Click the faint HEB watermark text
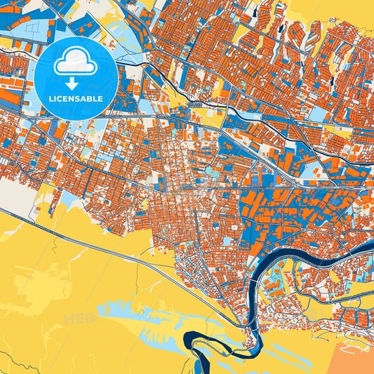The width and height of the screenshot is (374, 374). tap(79, 320)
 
